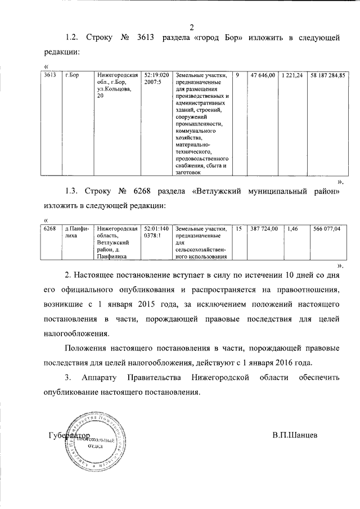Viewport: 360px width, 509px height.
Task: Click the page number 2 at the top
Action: tap(191, 26)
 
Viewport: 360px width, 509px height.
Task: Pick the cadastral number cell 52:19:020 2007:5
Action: tap(156, 78)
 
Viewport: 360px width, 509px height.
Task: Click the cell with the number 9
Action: tap(238, 75)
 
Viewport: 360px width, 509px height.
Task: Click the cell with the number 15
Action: tap(239, 229)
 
